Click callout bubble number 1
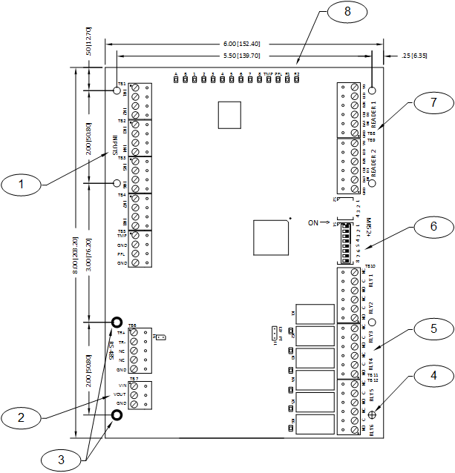pyautogui.click(x=25, y=183)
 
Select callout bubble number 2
pyautogui.click(x=25, y=417)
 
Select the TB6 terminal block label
pyautogui.click(x=132, y=325)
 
